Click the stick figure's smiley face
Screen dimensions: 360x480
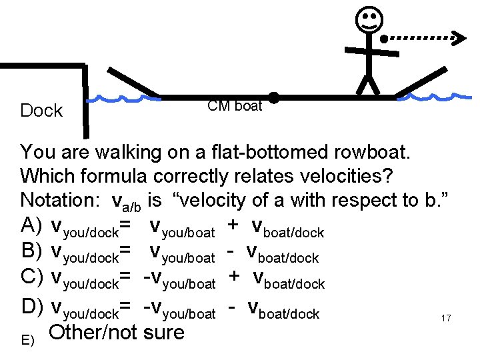(x=368, y=21)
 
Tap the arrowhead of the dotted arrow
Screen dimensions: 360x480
(x=459, y=37)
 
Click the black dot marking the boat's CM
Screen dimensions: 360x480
(x=273, y=97)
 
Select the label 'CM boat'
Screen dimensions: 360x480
(x=235, y=106)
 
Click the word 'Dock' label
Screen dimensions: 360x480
(x=41, y=111)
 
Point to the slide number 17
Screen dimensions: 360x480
(x=446, y=319)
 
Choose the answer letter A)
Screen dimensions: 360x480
(x=32, y=225)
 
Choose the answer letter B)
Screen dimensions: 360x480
(x=32, y=253)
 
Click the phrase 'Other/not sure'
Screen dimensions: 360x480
(x=117, y=332)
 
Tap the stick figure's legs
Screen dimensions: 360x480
(x=367, y=85)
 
